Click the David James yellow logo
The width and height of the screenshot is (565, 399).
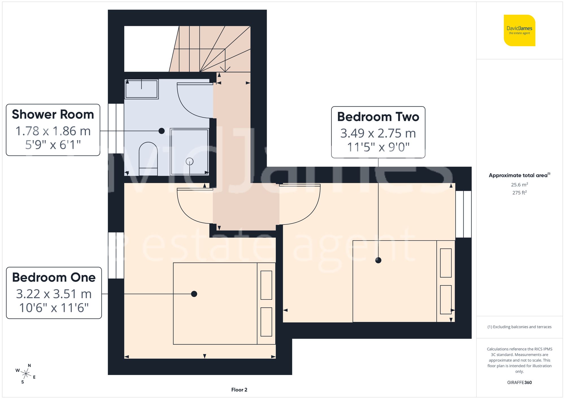click(519, 30)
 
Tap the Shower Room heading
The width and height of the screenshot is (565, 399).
click(53, 114)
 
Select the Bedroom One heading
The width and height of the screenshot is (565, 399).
click(54, 277)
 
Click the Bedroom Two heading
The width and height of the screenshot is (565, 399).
click(378, 117)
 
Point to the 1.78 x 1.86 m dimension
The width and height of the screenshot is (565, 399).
click(53, 131)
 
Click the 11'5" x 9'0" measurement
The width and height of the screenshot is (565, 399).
click(378, 147)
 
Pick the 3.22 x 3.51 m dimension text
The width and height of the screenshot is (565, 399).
click(54, 294)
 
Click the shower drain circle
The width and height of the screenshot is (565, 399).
click(190, 161)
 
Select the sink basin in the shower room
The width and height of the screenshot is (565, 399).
click(142, 89)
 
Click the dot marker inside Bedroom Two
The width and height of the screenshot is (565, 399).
click(378, 260)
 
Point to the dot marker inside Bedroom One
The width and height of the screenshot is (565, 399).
click(194, 294)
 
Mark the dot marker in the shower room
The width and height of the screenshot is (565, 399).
click(162, 131)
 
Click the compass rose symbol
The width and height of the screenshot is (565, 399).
click(26, 374)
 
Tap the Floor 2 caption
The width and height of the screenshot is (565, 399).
click(239, 390)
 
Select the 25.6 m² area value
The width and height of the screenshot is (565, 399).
click(519, 185)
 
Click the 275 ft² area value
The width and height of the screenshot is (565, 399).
click(519, 193)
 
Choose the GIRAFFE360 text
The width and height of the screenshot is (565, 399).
click(519, 382)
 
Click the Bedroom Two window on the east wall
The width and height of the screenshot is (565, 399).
click(463, 214)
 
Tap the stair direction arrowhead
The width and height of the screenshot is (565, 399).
click(225, 69)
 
